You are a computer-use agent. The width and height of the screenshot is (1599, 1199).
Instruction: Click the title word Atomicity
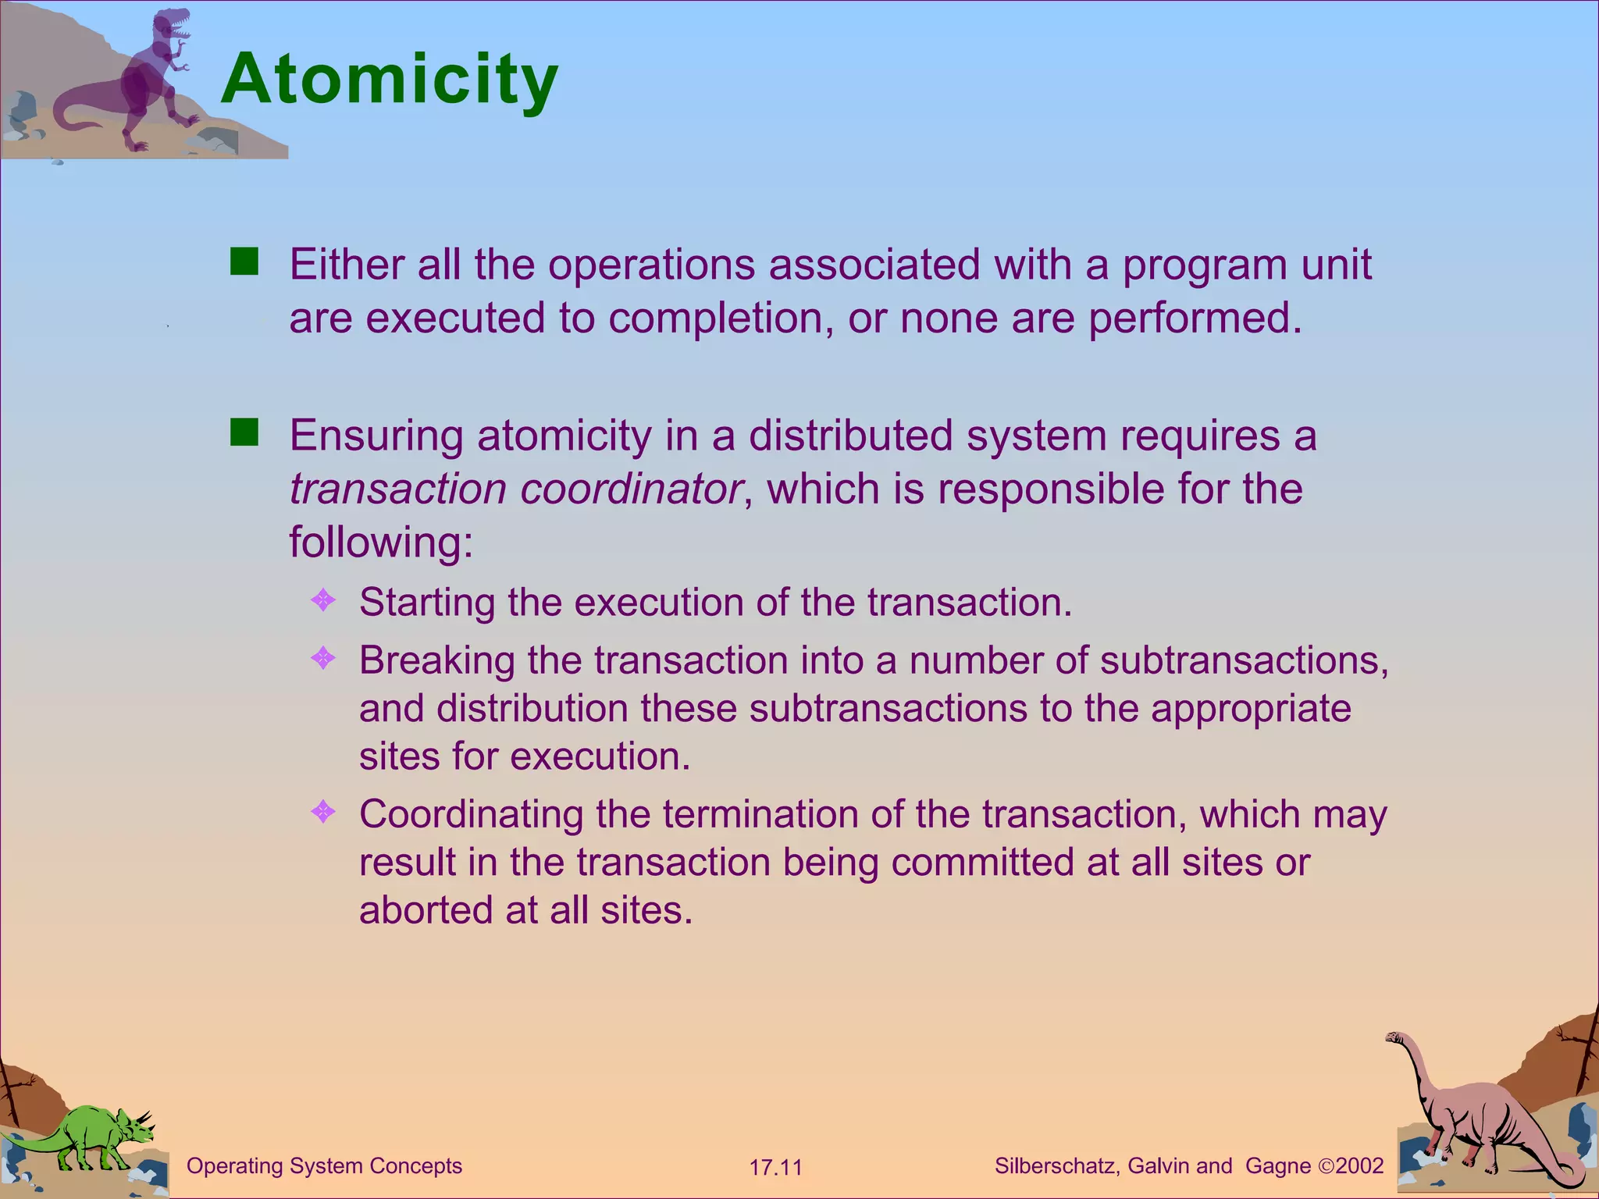(389, 80)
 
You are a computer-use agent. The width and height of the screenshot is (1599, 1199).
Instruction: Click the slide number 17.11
(775, 1168)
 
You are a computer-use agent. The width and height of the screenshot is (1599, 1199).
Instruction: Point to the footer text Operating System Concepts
(324, 1166)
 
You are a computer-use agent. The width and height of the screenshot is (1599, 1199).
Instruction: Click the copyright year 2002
(1359, 1166)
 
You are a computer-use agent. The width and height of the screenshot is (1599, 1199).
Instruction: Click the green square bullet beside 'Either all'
(244, 262)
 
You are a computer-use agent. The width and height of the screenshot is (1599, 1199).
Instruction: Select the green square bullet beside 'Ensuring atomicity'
(244, 432)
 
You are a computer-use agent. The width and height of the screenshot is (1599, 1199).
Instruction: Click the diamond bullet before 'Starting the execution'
(322, 600)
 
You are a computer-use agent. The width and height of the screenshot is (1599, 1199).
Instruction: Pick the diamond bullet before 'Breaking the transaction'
(322, 659)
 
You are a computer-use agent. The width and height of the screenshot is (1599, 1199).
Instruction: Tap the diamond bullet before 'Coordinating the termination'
(322, 813)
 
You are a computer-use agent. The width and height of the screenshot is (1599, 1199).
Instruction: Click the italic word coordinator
(631, 489)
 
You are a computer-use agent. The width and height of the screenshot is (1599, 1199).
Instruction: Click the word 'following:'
(381, 542)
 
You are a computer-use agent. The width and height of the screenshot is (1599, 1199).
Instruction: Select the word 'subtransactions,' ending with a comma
(1245, 660)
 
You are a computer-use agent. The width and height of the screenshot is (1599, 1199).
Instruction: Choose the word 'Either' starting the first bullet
(346, 265)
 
